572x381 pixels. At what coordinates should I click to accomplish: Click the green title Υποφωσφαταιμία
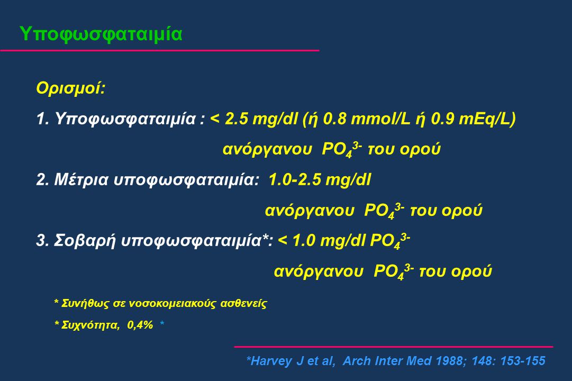[101, 34]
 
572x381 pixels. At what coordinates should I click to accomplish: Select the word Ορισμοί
[70, 88]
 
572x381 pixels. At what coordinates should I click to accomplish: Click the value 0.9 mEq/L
[470, 119]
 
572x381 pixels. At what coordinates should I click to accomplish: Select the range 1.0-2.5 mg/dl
[320, 180]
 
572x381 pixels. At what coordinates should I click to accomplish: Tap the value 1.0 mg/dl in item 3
[329, 241]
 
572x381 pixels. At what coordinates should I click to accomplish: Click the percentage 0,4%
[140, 325]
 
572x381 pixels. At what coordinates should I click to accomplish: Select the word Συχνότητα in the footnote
[90, 325]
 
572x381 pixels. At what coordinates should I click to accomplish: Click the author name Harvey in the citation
[271, 361]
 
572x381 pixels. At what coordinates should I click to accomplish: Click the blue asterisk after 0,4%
[162, 323]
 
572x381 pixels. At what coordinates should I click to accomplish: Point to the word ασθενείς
[244, 304]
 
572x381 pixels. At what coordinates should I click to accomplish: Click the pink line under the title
[159, 50]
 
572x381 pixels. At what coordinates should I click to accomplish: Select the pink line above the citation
[393, 347]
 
